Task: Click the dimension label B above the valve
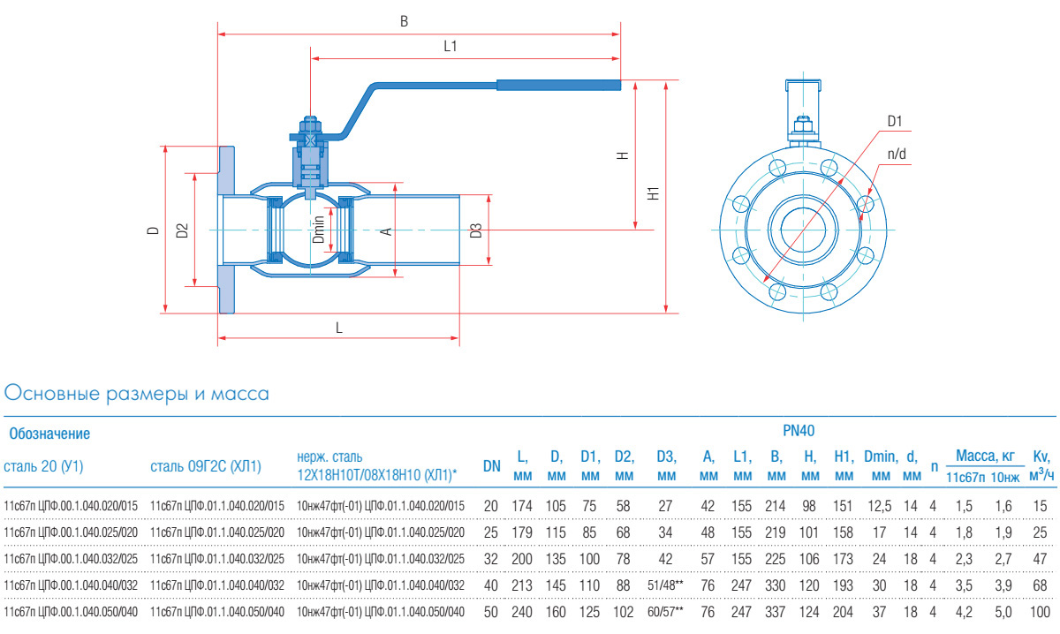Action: click(404, 21)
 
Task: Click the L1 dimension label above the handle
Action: click(450, 46)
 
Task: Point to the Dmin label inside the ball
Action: click(319, 230)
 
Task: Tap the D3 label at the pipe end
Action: click(476, 230)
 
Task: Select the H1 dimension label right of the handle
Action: click(654, 193)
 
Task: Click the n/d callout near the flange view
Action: click(897, 154)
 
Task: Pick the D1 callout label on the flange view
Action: click(894, 121)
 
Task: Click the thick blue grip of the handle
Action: click(558, 85)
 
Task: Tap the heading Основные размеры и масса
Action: click(136, 394)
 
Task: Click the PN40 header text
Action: click(799, 431)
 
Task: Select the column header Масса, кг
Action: click(985, 456)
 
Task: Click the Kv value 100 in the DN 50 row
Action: click(1040, 612)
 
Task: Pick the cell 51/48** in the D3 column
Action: click(665, 585)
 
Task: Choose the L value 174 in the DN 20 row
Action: click(522, 506)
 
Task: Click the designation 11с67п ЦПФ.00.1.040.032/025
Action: click(71, 559)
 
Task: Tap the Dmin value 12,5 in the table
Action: click(879, 506)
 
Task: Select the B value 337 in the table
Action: click(776, 612)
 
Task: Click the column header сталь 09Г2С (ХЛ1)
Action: click(206, 466)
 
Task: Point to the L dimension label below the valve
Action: click(339, 328)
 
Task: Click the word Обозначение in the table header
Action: click(49, 434)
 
